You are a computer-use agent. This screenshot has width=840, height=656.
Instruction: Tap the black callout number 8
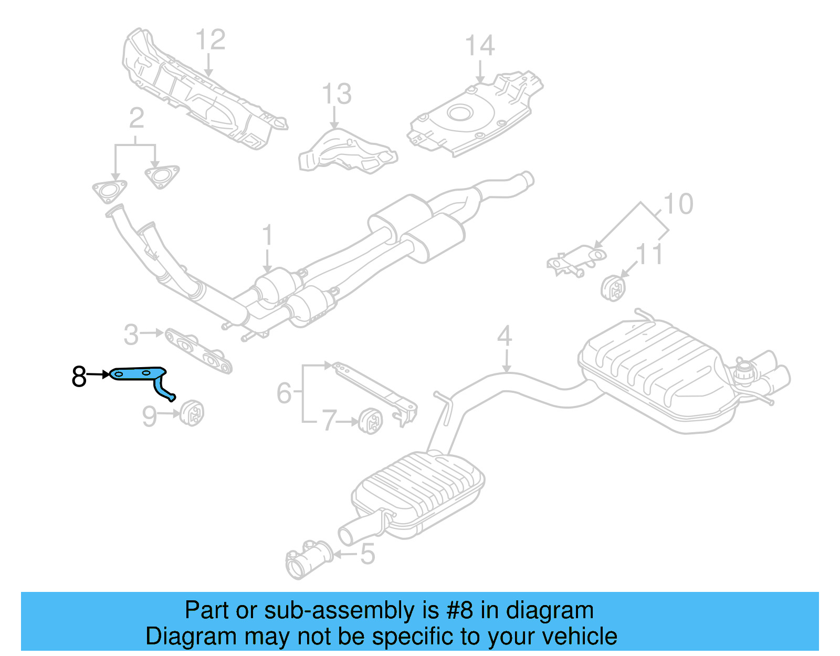tap(79, 376)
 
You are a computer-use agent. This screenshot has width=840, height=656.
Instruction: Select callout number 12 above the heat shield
tap(211, 40)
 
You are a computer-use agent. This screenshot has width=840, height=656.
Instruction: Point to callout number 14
tap(480, 46)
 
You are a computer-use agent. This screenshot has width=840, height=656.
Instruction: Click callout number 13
tap(337, 95)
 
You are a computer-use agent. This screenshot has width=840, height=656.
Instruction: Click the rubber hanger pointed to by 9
tap(192, 413)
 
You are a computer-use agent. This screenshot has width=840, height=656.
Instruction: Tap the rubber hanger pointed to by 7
tap(371, 420)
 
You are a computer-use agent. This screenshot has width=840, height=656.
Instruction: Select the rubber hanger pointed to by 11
tap(614, 288)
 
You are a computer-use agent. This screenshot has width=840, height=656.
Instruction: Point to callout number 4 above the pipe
tap(505, 336)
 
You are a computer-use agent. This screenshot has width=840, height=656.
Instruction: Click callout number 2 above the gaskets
tap(136, 119)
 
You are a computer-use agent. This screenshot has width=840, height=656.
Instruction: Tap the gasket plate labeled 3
tap(198, 351)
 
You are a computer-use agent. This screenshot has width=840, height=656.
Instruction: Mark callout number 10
tap(678, 204)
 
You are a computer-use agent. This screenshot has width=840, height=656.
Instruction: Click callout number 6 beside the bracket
tap(284, 393)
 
